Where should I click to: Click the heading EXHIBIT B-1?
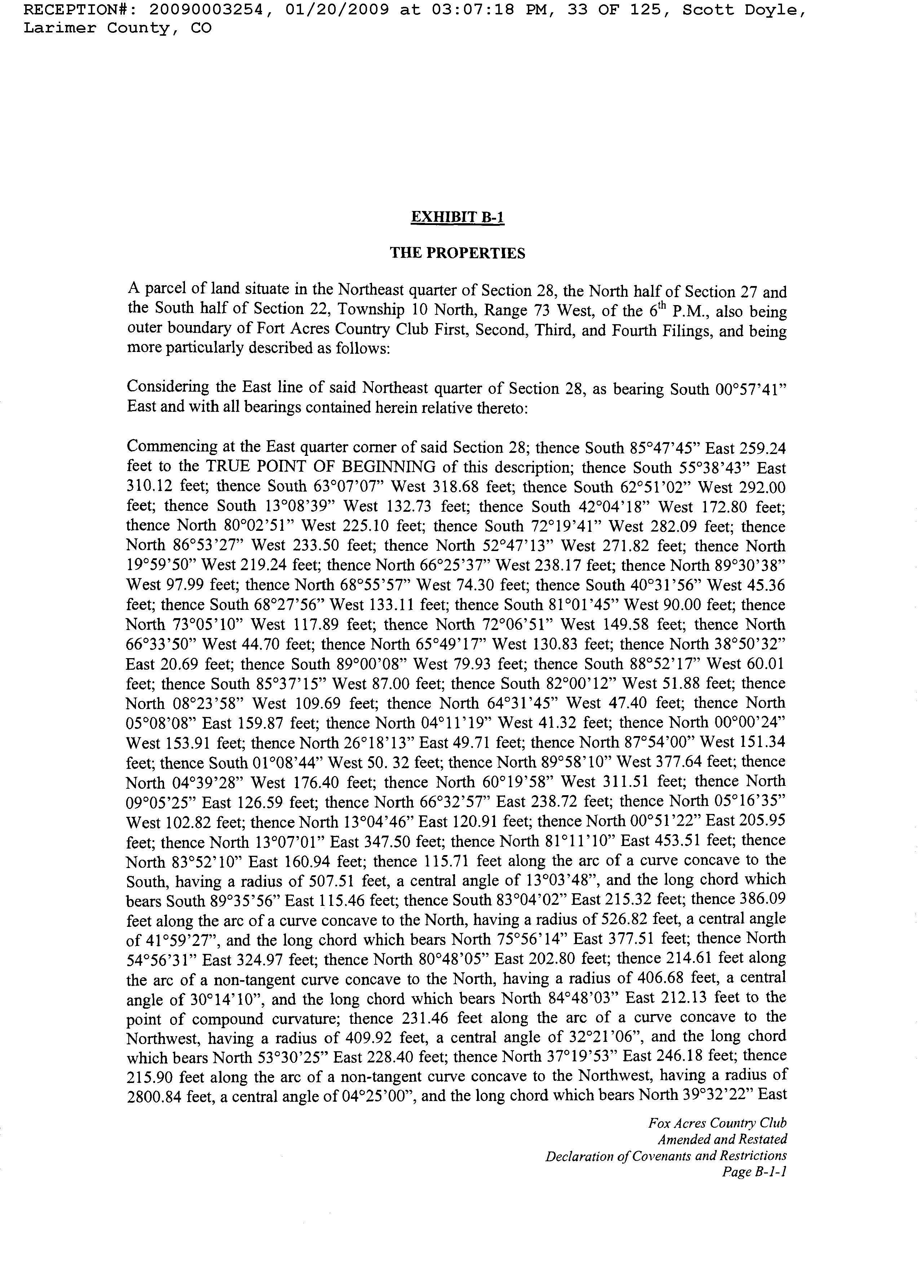[457, 217]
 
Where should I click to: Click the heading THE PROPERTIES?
[457, 254]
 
